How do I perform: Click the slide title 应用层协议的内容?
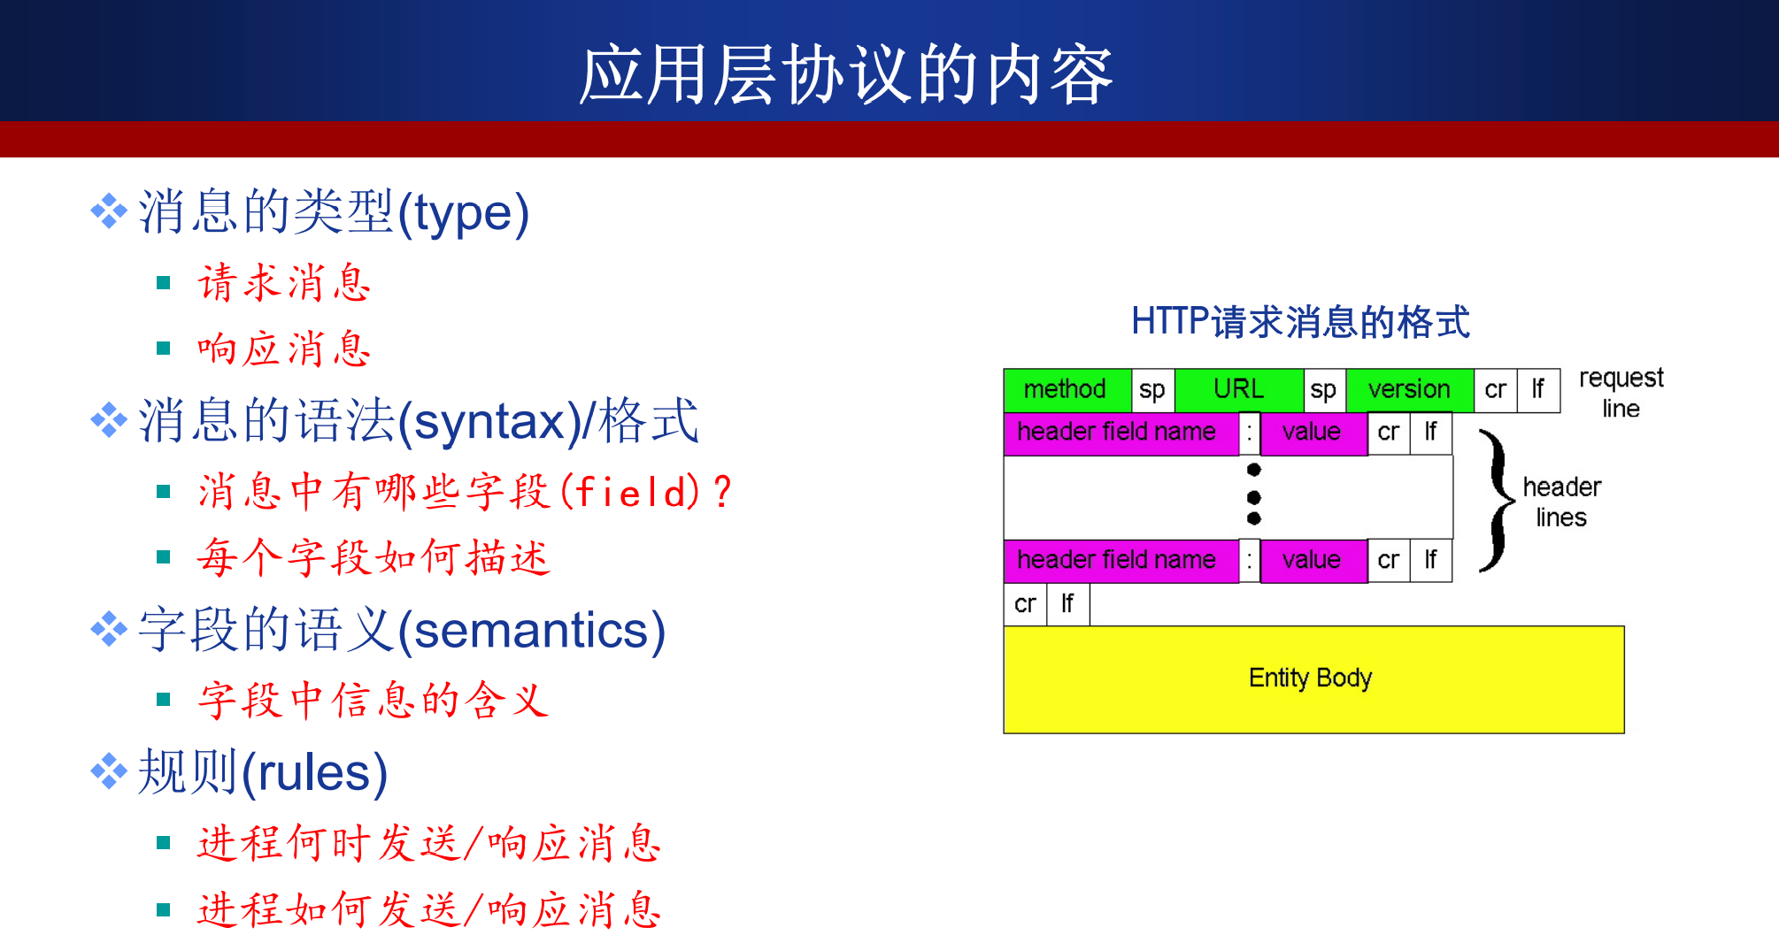point(846,75)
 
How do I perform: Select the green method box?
point(1067,390)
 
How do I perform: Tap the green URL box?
point(1239,390)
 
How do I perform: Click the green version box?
point(1410,390)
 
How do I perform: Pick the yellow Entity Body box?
point(1313,679)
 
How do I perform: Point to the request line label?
point(1621,393)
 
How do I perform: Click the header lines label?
point(1562,502)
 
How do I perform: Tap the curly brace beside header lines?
point(1497,501)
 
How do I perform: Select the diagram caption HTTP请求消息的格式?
point(1300,321)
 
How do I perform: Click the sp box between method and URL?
point(1152,390)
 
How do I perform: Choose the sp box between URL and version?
point(1324,390)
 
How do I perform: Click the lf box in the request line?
point(1538,390)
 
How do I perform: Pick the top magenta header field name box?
point(1121,433)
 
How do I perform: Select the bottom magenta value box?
point(1313,561)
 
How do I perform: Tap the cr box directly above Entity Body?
point(1025,604)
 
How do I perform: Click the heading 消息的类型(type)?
point(334,212)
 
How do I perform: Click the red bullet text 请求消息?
point(284,283)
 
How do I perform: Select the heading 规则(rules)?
point(263,772)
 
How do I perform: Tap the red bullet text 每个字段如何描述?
point(374,557)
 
